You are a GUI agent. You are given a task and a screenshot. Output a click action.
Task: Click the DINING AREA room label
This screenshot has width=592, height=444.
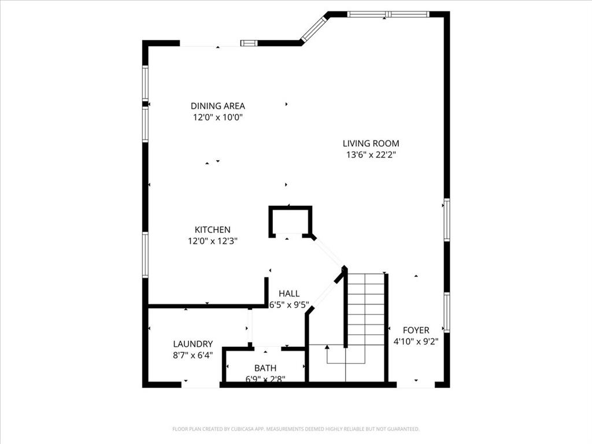click(217, 106)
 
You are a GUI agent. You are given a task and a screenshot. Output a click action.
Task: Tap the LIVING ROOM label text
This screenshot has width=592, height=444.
click(371, 143)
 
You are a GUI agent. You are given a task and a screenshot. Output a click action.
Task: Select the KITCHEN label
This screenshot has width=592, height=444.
click(212, 230)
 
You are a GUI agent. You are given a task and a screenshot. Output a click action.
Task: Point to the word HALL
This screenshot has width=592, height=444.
click(289, 294)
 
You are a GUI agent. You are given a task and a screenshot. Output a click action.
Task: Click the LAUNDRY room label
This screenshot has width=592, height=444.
click(193, 343)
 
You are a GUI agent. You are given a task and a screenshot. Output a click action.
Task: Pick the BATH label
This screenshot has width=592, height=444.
click(265, 368)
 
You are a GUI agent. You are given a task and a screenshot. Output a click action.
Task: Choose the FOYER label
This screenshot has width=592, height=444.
click(416, 330)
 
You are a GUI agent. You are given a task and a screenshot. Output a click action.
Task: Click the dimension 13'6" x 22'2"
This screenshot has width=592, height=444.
click(371, 155)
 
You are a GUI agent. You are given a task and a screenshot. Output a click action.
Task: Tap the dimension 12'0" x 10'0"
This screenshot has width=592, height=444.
click(217, 117)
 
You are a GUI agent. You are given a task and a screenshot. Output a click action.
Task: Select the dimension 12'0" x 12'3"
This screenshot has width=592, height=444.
click(212, 241)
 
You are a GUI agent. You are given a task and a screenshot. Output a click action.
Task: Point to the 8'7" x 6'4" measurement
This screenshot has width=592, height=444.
click(193, 356)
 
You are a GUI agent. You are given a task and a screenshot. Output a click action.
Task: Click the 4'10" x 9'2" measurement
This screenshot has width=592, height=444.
click(416, 341)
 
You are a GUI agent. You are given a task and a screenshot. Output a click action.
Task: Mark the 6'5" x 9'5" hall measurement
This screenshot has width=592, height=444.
click(289, 305)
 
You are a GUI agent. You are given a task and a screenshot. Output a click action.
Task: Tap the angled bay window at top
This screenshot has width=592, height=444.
click(314, 28)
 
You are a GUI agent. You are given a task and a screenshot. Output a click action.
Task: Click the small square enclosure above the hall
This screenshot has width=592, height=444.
click(290, 220)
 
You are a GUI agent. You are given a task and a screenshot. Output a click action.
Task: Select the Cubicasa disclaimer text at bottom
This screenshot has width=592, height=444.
click(295, 429)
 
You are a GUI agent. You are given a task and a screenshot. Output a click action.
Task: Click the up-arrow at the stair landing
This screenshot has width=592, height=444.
click(327, 347)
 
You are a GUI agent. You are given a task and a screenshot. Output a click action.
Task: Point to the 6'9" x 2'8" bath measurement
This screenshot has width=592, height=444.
click(265, 379)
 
